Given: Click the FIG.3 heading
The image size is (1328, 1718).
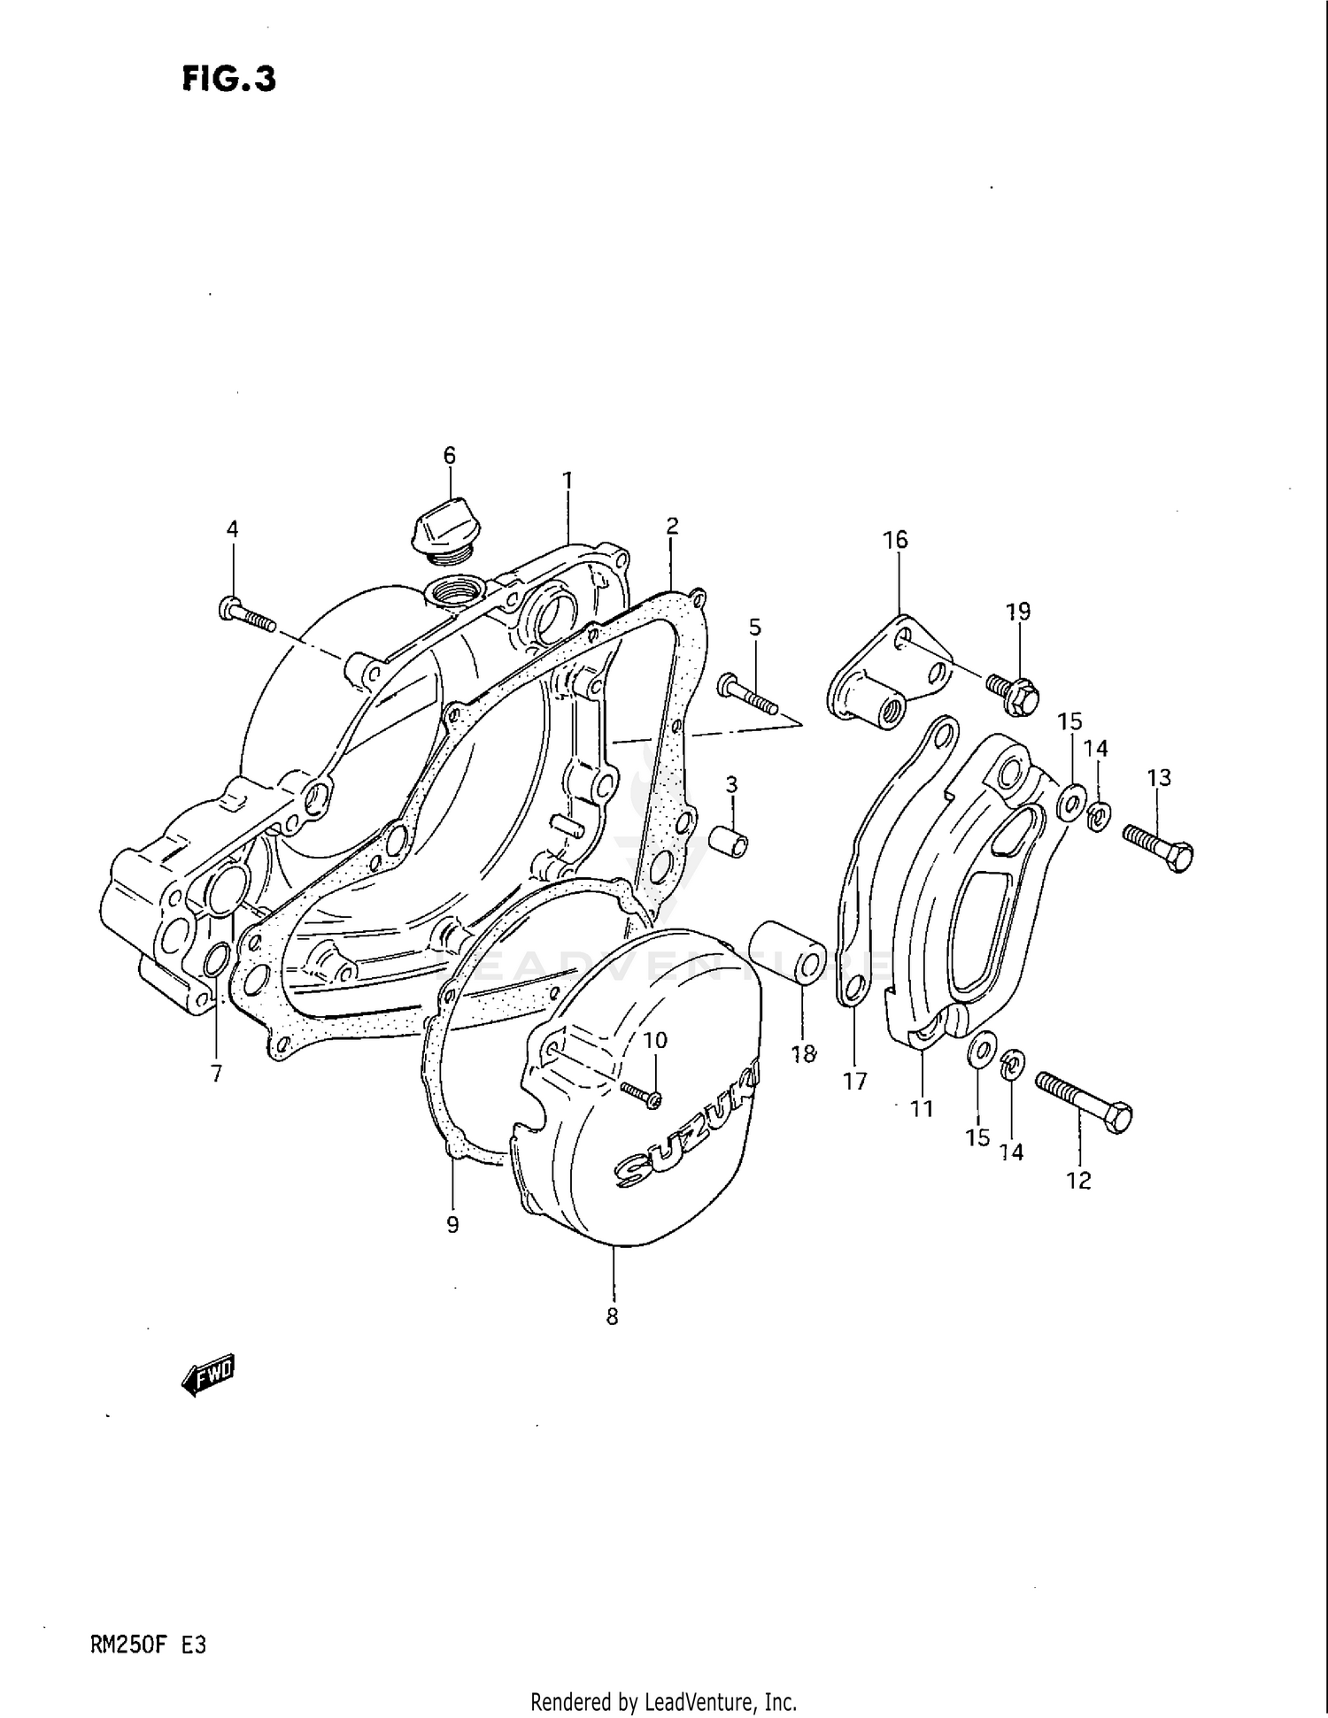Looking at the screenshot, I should tap(228, 79).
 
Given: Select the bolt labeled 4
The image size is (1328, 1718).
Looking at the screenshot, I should tap(246, 613).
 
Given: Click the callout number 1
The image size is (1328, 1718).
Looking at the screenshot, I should tap(567, 481).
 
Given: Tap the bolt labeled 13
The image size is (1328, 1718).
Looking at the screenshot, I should tap(1158, 847).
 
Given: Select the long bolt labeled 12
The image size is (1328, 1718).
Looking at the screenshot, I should tap(1084, 1101).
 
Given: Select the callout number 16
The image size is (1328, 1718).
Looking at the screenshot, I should tap(895, 539).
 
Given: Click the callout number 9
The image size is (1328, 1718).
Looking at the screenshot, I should tap(452, 1224).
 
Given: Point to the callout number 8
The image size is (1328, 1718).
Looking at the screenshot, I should tap(612, 1316).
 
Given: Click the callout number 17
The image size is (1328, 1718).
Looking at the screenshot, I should tap(855, 1081).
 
